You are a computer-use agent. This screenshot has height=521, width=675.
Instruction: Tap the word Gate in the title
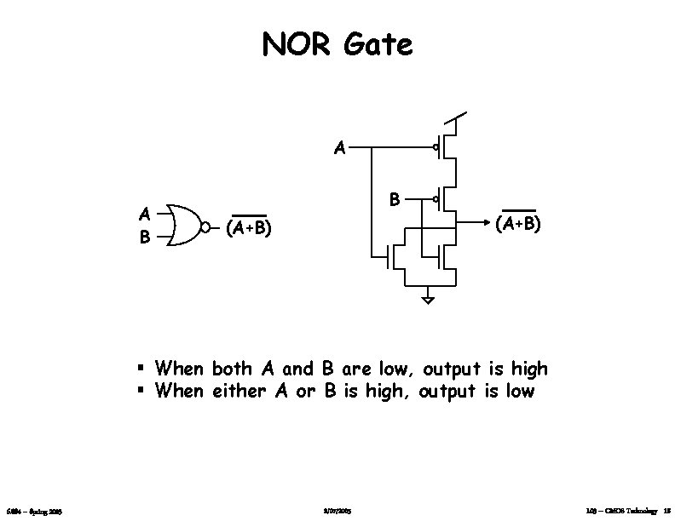click(378, 43)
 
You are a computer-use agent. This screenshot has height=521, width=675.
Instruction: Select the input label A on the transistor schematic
click(339, 148)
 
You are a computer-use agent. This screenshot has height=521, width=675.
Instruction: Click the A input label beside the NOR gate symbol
click(146, 213)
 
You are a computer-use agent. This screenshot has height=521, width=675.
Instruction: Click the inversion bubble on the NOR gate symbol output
click(205, 226)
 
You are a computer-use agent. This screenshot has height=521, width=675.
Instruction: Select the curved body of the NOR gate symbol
click(182, 226)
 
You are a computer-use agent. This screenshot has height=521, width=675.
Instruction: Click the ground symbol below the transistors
click(428, 299)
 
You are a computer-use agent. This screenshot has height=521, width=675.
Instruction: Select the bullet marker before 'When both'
click(141, 369)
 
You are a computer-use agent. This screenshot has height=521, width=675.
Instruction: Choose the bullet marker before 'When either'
click(141, 392)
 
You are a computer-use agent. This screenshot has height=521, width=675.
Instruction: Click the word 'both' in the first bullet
click(232, 369)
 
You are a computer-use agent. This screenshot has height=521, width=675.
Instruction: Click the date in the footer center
click(338, 511)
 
